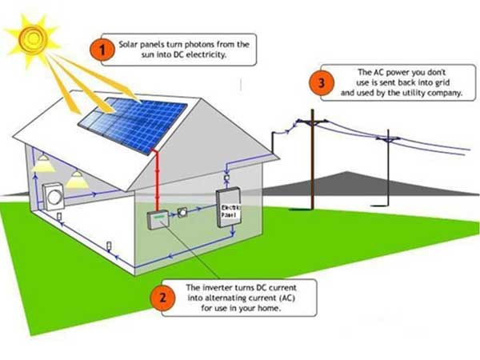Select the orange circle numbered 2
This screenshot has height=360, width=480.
163,298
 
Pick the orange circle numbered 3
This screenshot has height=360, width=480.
322,83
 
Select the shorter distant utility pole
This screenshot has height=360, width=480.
389,164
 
